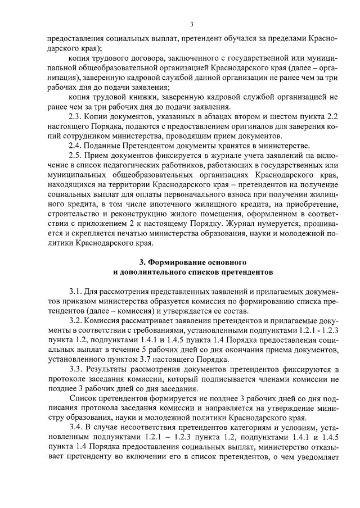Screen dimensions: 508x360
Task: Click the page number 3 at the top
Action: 191,24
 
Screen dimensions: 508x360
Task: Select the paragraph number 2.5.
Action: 75,155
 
